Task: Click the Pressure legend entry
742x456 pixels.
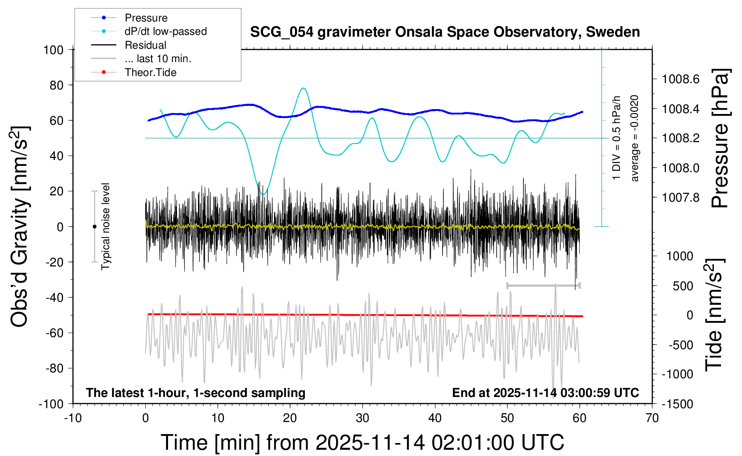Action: click(146, 18)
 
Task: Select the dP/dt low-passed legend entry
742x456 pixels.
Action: click(165, 31)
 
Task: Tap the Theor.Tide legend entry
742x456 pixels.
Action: click(150, 72)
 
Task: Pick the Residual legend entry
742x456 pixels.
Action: click(145, 45)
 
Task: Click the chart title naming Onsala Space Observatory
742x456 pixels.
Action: click(445, 32)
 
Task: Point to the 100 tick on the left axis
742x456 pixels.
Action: click(53, 50)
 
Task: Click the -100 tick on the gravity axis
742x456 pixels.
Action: click(51, 404)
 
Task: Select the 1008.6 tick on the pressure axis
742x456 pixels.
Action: click(681, 79)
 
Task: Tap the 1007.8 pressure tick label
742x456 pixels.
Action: click(681, 197)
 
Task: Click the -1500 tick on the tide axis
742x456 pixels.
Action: click(677, 404)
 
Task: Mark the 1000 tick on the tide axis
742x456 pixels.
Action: click(680, 256)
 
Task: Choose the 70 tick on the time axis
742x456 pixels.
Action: click(652, 418)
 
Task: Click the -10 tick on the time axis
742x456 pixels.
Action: click(73, 418)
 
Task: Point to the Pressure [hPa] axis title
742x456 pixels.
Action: click(720, 138)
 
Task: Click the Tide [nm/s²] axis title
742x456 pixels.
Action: click(714, 315)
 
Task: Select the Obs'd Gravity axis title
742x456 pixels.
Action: click(21, 227)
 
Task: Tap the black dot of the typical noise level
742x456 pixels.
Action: click(94, 227)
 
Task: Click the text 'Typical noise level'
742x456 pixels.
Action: click(105, 227)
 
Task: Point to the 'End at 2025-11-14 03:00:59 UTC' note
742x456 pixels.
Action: click(545, 393)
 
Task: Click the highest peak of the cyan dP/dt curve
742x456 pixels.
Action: click(304, 88)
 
